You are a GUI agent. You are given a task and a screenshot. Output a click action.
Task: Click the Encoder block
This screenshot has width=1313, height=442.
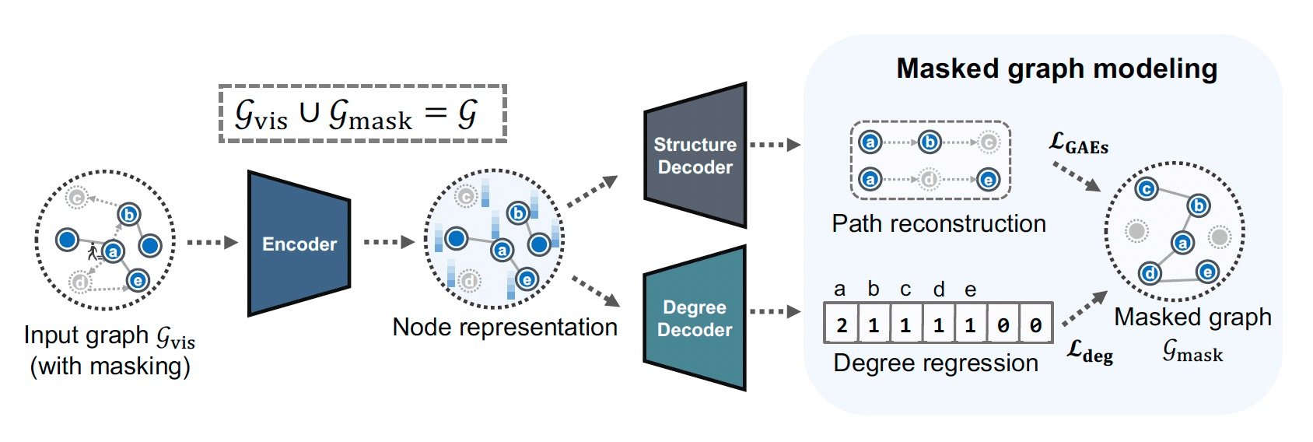(299, 244)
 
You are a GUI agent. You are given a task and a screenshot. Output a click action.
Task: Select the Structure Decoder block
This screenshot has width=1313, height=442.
(695, 156)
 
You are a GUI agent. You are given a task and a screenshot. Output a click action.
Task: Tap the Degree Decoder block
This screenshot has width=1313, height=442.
(695, 318)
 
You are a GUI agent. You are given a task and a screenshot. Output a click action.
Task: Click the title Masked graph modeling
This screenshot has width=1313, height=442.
(1056, 68)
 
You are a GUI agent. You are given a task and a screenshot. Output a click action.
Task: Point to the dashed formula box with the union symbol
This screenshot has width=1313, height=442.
(362, 114)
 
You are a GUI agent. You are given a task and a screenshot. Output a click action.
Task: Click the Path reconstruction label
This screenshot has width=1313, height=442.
(938, 224)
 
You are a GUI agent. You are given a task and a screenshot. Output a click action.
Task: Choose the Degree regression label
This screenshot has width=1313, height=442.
(935, 363)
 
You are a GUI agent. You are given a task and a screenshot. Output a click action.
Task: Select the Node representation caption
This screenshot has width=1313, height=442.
(505, 327)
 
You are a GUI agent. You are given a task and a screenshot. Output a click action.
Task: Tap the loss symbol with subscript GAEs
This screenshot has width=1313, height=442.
(1078, 143)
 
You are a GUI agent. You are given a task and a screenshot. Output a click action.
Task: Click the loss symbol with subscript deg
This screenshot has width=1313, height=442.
(1089, 351)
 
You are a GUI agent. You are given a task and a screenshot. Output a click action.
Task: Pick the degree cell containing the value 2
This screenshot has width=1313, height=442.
(842, 324)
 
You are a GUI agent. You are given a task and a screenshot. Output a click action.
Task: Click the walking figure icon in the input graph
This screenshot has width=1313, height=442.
(94, 251)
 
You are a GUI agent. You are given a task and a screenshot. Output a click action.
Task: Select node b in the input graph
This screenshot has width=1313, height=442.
(129, 215)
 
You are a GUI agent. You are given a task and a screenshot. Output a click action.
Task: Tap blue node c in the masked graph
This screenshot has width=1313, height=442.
(1146, 189)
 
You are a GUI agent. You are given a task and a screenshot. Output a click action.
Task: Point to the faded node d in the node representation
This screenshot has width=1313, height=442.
(469, 280)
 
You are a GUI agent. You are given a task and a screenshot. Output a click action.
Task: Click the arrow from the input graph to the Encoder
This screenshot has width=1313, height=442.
(212, 243)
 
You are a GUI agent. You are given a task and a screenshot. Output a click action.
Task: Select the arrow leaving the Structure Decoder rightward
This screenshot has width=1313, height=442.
(775, 145)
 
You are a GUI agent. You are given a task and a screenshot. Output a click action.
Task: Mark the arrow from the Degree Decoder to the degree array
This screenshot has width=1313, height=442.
(775, 312)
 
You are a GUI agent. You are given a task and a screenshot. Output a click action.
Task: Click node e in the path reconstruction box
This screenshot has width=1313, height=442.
(988, 181)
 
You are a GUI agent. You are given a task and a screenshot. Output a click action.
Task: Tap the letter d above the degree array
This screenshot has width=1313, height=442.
(939, 289)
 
